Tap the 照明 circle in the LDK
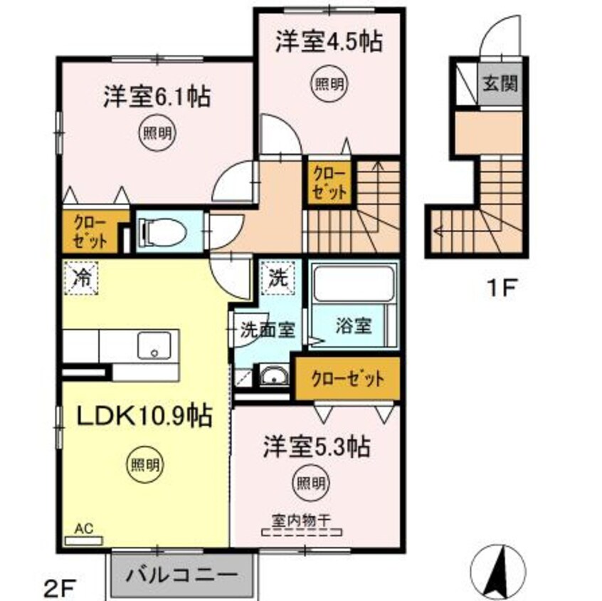tap(144, 464)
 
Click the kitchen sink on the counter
tap(152, 345)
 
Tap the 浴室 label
tap(353, 327)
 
